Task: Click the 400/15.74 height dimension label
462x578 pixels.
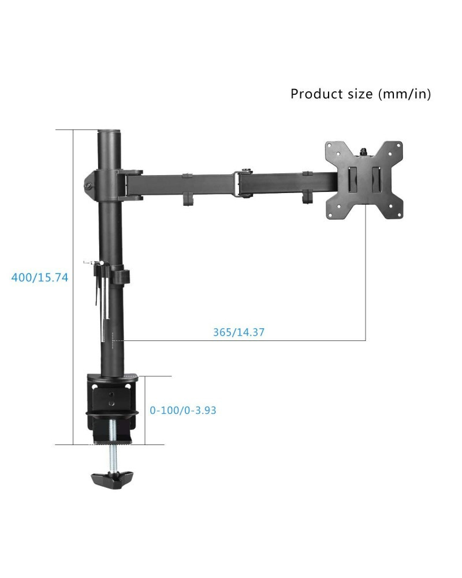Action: point(40,277)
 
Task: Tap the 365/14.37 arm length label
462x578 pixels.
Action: point(239,332)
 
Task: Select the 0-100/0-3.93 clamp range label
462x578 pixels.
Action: point(182,410)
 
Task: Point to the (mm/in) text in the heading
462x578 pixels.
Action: point(404,94)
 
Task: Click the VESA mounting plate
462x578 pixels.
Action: point(364,180)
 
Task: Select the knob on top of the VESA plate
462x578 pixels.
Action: point(364,151)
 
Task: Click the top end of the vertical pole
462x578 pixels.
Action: point(109,131)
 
